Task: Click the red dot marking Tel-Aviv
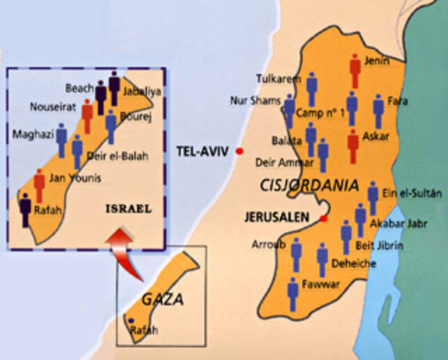tap(240, 151)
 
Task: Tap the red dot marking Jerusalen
tap(324, 219)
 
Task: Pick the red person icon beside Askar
tap(353, 145)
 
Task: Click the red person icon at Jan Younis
tap(39, 185)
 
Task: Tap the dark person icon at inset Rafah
tap(25, 209)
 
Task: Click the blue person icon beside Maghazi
tap(61, 140)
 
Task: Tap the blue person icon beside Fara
tap(378, 110)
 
